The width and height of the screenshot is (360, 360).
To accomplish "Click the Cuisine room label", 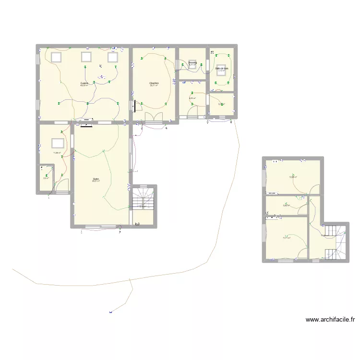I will (84, 83).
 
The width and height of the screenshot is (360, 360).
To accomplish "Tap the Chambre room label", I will (154, 84).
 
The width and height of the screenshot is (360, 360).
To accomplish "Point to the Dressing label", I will (192, 62).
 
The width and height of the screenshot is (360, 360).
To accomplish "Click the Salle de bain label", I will (222, 68).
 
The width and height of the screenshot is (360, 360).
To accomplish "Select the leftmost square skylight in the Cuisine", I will (56, 57).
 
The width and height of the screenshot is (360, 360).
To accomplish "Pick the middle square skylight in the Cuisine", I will (86, 57).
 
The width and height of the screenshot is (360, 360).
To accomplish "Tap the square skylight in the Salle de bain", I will (222, 69).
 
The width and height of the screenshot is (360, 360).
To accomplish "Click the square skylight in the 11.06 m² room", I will (58, 143).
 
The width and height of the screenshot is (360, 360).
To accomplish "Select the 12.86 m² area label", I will (293, 177).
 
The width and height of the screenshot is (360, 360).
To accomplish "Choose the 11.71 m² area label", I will (287, 238).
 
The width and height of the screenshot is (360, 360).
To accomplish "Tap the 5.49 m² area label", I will (286, 205).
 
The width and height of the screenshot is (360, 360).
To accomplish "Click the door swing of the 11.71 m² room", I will (303, 253).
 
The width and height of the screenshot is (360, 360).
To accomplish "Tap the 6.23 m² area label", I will (192, 98).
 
